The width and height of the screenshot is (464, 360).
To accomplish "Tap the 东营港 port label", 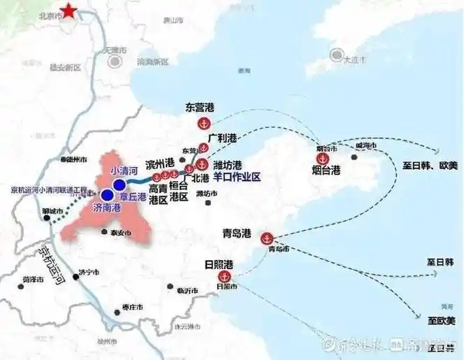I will tap(200, 108).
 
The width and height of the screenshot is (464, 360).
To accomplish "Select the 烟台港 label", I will tap(326, 170).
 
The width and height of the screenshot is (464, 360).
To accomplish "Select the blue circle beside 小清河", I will tap(119, 184).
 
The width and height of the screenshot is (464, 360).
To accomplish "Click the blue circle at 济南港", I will tap(106, 196).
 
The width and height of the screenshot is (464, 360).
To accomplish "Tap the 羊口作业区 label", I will tap(237, 178).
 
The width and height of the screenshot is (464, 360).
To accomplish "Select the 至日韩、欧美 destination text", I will tap(430, 164).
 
